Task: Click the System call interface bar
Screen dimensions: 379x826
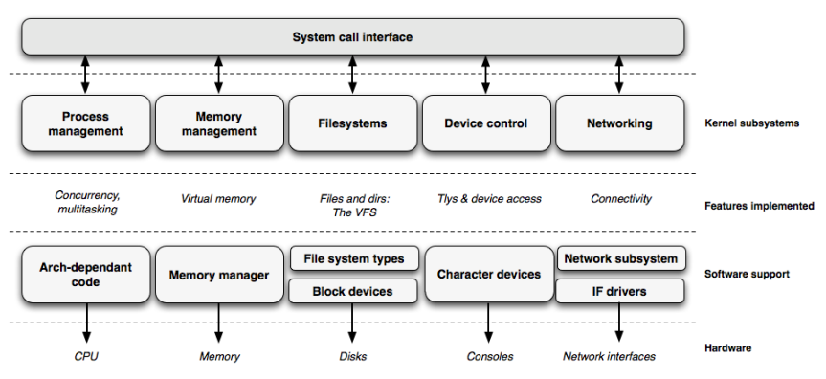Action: click(x=352, y=37)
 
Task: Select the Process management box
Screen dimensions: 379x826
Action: click(x=85, y=123)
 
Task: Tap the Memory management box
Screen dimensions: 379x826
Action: click(x=219, y=123)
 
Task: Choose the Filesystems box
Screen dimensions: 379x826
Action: click(x=352, y=123)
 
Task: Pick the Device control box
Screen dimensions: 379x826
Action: click(x=486, y=123)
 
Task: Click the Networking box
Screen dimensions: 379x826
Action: click(x=619, y=123)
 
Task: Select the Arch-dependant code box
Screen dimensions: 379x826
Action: click(x=85, y=275)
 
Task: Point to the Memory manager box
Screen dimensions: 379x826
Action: click(x=219, y=275)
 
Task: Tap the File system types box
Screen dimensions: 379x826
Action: click(x=353, y=258)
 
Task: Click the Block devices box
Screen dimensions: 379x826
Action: click(x=353, y=290)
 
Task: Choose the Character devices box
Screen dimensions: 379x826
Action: click(x=488, y=275)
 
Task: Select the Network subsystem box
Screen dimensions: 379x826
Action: click(x=620, y=258)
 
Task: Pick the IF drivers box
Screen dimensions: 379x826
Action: click(x=620, y=290)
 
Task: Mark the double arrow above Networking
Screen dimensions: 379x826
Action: click(x=619, y=74)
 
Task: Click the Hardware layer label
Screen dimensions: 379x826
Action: click(x=728, y=348)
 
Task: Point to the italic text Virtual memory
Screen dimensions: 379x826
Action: click(x=218, y=199)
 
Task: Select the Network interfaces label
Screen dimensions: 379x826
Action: click(x=610, y=357)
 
